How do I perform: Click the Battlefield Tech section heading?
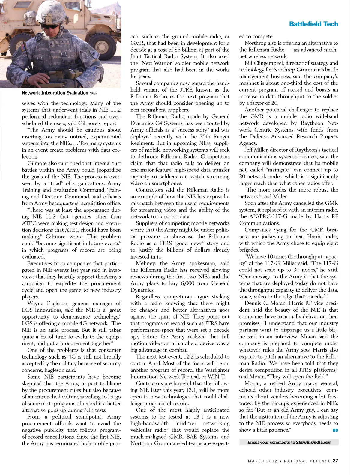[313, 24]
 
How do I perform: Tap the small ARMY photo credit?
[93, 93]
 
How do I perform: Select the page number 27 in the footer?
[335, 461]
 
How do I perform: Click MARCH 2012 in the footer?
[262, 461]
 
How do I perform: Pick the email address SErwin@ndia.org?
[313, 442]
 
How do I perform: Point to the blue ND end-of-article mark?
[335, 430]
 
